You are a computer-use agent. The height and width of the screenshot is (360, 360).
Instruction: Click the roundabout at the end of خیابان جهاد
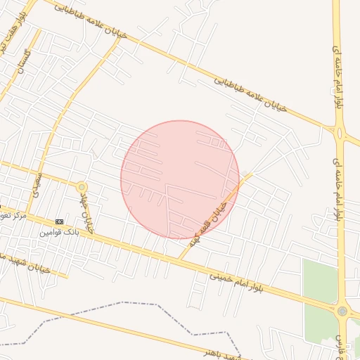coord(82,187)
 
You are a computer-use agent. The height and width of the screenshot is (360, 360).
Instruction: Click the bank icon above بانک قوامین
coord(59,221)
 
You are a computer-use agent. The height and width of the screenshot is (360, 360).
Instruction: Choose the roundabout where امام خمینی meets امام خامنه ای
coord(342,310)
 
